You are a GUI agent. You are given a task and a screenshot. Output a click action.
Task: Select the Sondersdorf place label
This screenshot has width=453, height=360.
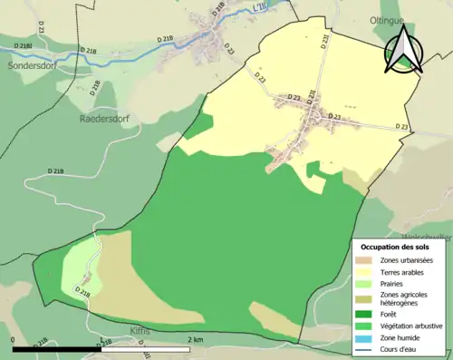[31, 66]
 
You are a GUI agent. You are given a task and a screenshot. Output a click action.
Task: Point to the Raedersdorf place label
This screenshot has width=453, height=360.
[108, 117]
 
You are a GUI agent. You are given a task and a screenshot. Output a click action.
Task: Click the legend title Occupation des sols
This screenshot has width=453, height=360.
[395, 247]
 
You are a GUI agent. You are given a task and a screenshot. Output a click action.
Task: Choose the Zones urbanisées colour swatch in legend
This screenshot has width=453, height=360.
[367, 260]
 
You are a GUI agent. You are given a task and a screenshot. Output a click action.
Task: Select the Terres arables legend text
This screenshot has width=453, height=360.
[404, 271]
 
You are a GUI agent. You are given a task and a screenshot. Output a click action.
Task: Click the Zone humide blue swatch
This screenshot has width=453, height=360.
[367, 337]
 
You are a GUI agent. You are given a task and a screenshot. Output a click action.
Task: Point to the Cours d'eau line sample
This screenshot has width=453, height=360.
[367, 349]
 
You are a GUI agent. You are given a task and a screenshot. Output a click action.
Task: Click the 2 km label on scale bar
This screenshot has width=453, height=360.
[196, 339]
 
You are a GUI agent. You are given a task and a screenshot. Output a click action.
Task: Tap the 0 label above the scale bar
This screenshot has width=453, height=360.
[14, 339]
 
